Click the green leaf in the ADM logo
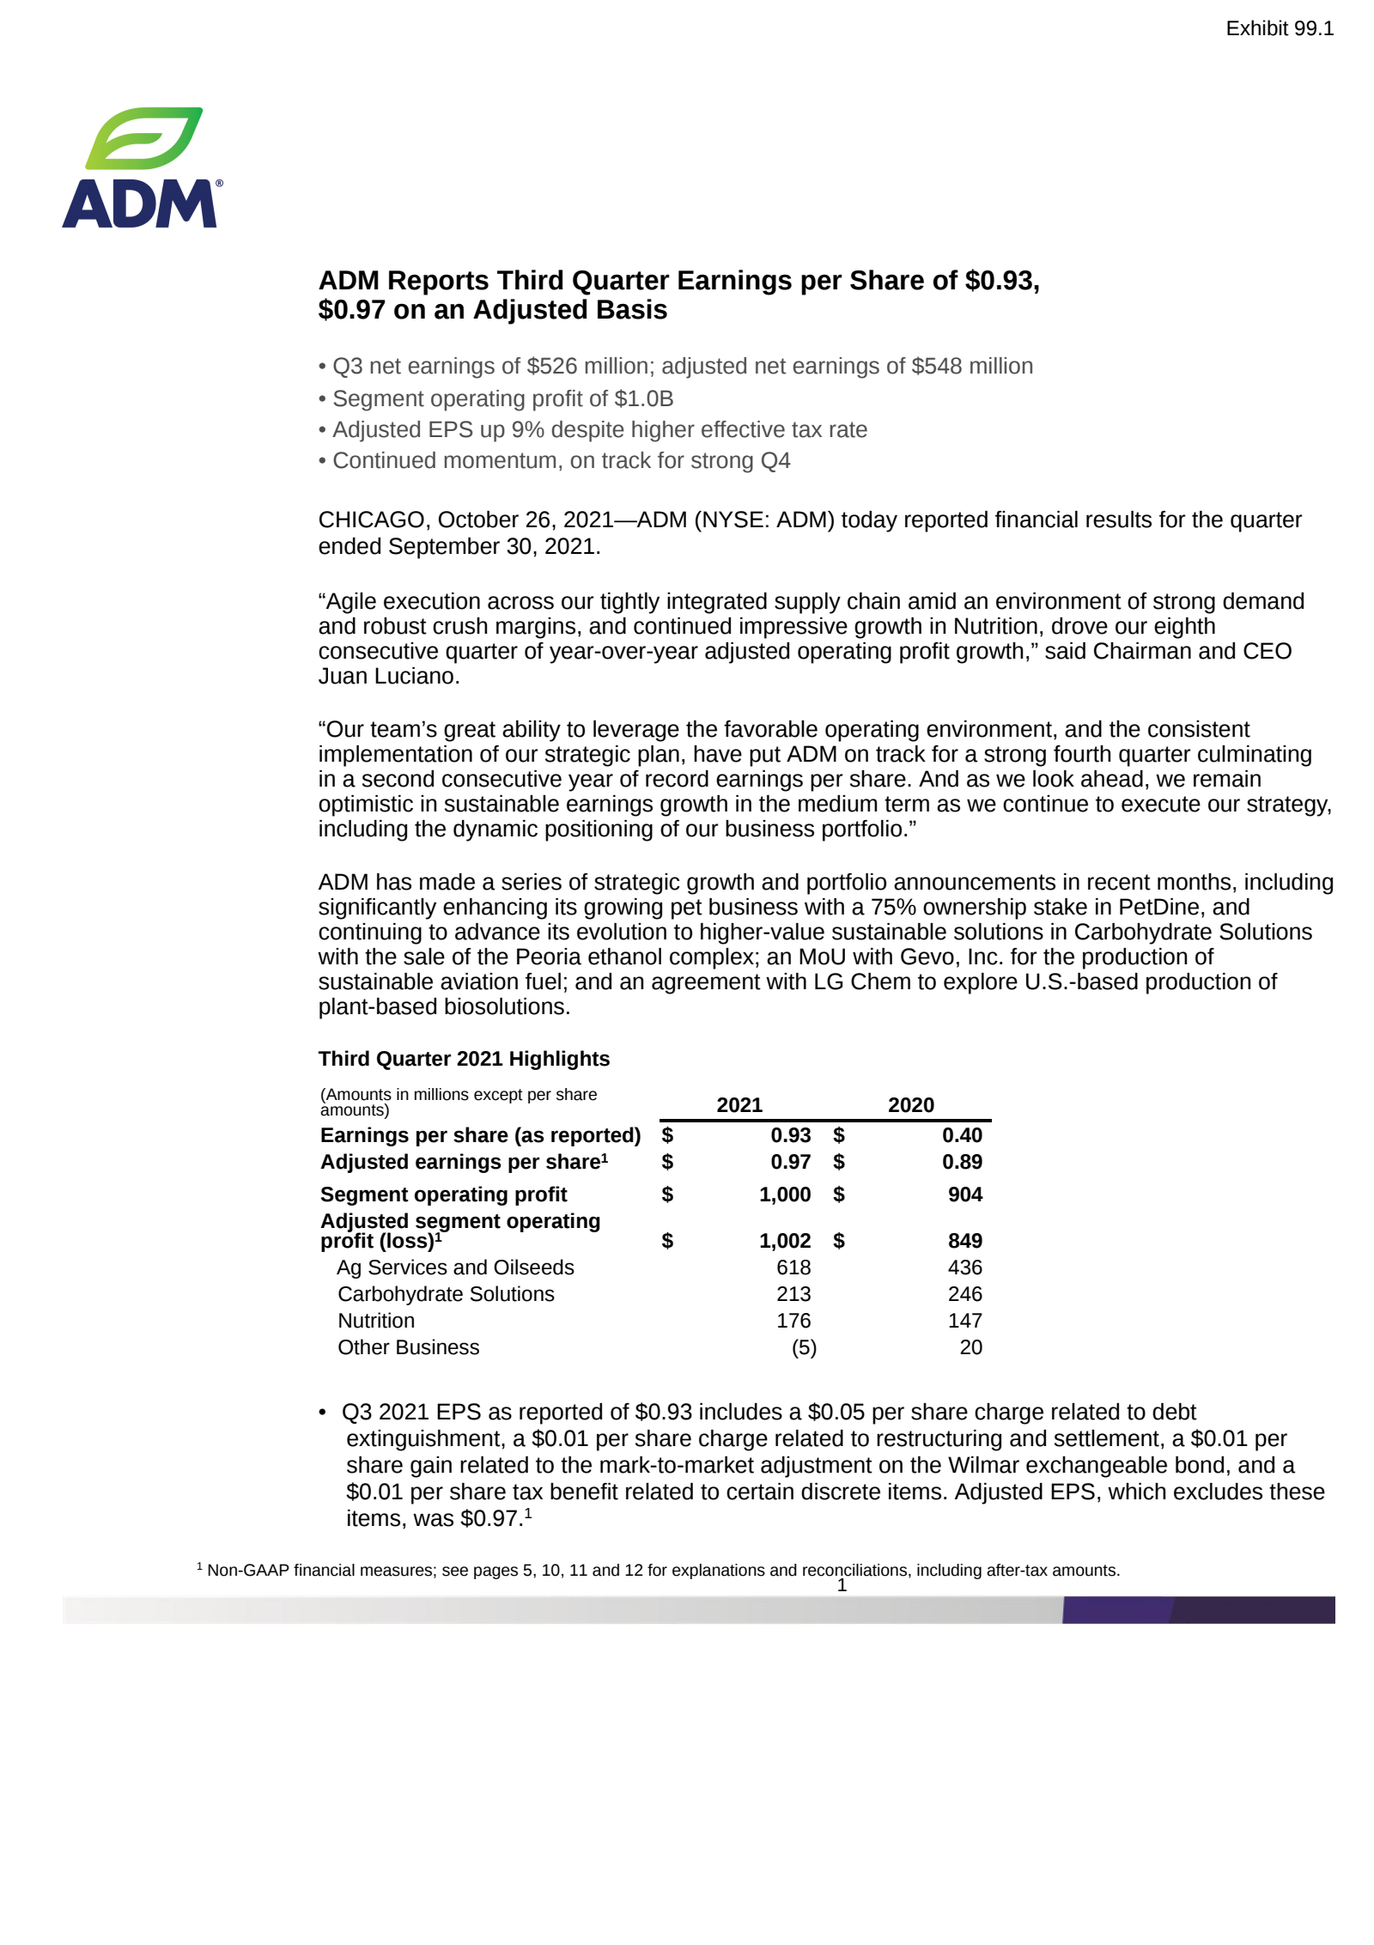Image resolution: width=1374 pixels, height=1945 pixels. [144, 137]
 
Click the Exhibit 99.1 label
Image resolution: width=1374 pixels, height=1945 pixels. [1279, 28]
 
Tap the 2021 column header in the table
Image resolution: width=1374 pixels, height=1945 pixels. [739, 1104]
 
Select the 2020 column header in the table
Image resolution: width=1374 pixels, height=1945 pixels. [910, 1104]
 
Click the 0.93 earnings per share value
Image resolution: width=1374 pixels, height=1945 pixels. [790, 1134]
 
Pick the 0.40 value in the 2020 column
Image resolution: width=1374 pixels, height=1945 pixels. [961, 1134]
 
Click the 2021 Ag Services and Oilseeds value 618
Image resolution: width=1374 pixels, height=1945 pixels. [793, 1267]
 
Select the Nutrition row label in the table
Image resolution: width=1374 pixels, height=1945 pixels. [376, 1320]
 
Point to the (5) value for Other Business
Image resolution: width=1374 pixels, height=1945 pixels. [803, 1346]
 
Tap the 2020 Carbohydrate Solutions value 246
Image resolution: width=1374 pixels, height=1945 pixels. [964, 1293]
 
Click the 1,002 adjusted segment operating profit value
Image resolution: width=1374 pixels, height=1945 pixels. [784, 1240]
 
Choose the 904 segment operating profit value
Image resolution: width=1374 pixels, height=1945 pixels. [964, 1194]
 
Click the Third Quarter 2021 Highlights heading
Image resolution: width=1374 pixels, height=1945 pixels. [464, 1058]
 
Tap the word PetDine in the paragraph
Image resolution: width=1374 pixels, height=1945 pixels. [1157, 907]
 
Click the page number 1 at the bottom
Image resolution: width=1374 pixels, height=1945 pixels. [842, 1585]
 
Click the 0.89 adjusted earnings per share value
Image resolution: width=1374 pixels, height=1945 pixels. [961, 1161]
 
